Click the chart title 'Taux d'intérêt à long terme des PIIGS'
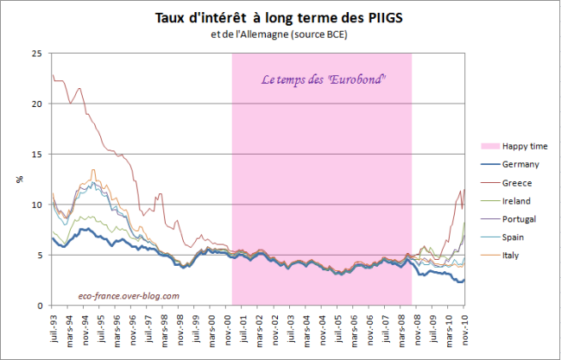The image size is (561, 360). (x=280, y=16)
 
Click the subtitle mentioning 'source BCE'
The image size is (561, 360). (x=280, y=34)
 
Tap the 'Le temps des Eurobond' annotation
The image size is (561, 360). (x=324, y=79)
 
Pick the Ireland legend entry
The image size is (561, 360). (x=517, y=200)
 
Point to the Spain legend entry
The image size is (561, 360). (x=514, y=237)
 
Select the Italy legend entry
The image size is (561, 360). (x=513, y=255)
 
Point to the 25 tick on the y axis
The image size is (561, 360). (x=36, y=54)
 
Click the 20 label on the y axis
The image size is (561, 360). (x=36, y=104)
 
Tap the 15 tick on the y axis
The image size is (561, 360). (x=36, y=155)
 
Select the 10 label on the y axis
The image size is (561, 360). (x=36, y=205)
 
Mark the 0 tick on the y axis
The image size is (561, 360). (x=39, y=306)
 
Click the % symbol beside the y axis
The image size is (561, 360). (x=19, y=180)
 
